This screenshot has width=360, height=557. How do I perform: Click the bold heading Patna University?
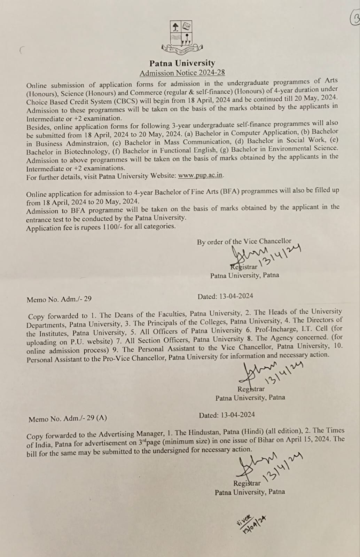point(182,63)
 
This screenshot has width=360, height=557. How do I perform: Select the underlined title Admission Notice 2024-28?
point(182,73)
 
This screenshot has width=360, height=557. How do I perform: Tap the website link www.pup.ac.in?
point(200,175)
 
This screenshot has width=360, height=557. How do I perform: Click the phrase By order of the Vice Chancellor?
point(244,241)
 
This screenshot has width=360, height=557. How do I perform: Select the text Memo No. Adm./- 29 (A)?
point(68,418)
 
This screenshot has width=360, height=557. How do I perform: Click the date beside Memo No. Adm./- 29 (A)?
point(227,415)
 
